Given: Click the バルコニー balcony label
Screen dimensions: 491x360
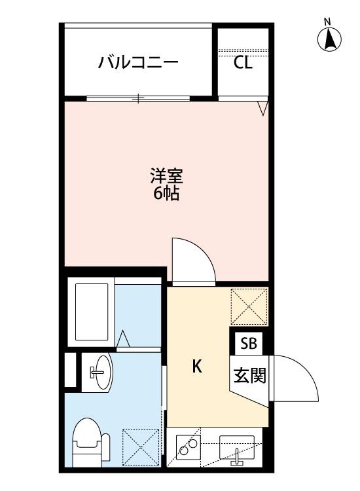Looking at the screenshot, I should click(x=138, y=63).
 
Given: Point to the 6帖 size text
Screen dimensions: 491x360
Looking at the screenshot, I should click(x=166, y=194).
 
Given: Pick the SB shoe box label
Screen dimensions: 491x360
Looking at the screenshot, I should click(x=249, y=344).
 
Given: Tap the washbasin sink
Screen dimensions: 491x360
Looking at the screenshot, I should click(x=100, y=373).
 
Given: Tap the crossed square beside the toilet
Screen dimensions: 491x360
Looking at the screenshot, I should click(x=141, y=447).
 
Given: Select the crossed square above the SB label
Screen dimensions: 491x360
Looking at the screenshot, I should click(x=249, y=306).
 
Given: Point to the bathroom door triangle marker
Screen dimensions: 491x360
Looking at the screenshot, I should click(x=124, y=339).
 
